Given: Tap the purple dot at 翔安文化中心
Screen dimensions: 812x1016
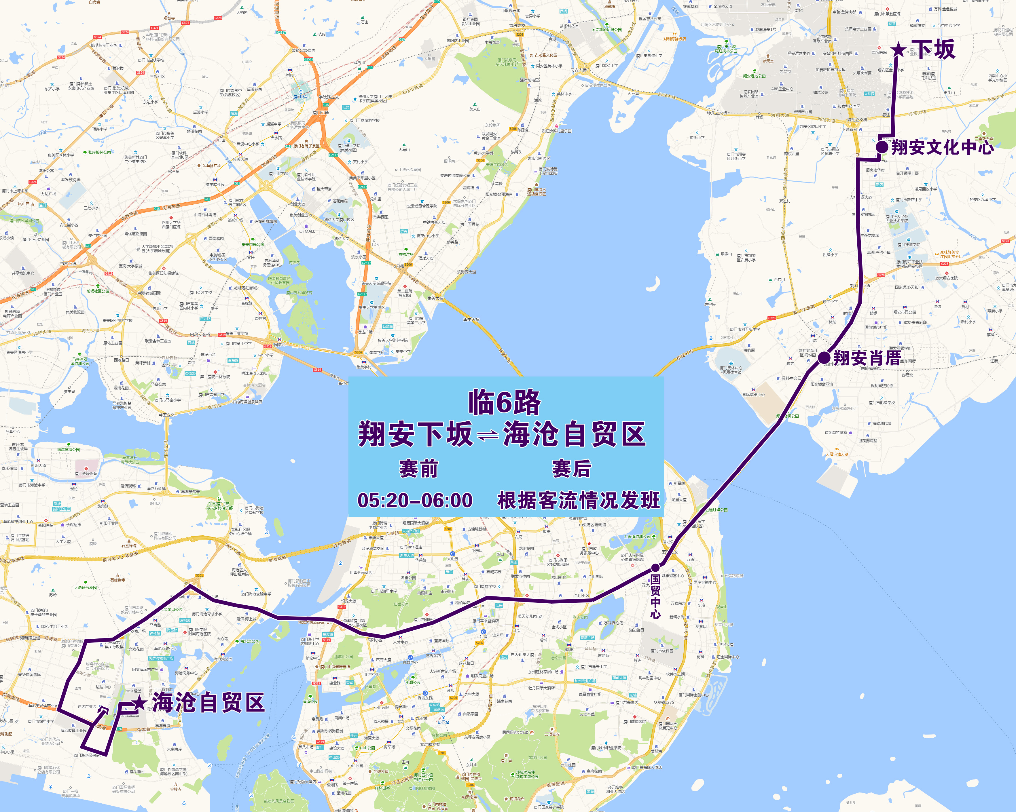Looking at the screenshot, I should coord(882,147).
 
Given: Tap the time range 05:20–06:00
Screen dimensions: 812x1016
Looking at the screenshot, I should coord(415,500).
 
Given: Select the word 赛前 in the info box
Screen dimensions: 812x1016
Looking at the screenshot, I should coord(418,469).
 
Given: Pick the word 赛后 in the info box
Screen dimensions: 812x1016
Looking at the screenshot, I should coord(571,469).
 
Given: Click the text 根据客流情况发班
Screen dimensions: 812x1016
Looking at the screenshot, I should coord(579,500).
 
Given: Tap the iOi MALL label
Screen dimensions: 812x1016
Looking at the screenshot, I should coord(306,231).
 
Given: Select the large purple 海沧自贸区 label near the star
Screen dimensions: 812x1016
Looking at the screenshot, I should coord(208,703).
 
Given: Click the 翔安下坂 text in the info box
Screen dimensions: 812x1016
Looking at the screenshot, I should coord(415,434).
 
